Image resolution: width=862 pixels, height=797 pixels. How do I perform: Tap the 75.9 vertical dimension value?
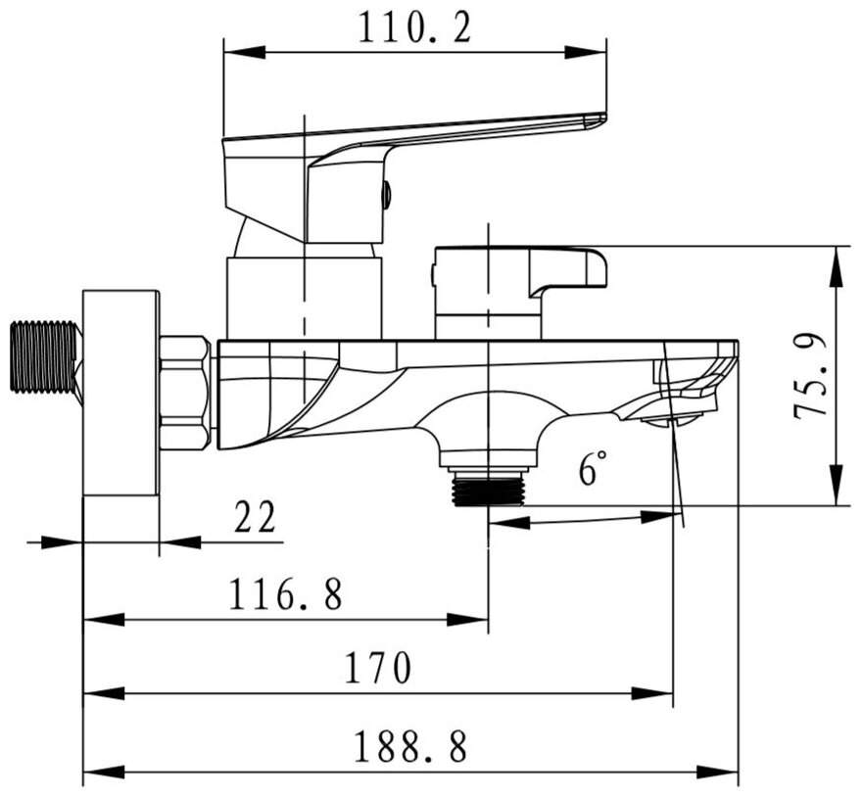point(812,377)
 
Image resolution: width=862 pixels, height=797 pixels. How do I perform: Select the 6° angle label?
point(590,468)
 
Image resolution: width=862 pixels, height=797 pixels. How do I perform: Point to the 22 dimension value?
point(257,517)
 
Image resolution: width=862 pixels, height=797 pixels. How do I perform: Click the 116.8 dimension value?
point(286,594)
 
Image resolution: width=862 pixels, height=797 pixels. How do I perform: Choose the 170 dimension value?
point(377,669)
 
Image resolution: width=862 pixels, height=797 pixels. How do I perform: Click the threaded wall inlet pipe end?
point(43,357)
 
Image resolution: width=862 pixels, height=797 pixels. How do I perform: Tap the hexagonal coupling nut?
point(184,392)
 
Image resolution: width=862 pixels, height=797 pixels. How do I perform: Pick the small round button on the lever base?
point(386,195)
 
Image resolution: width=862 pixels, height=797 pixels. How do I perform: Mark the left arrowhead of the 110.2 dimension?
point(236,54)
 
